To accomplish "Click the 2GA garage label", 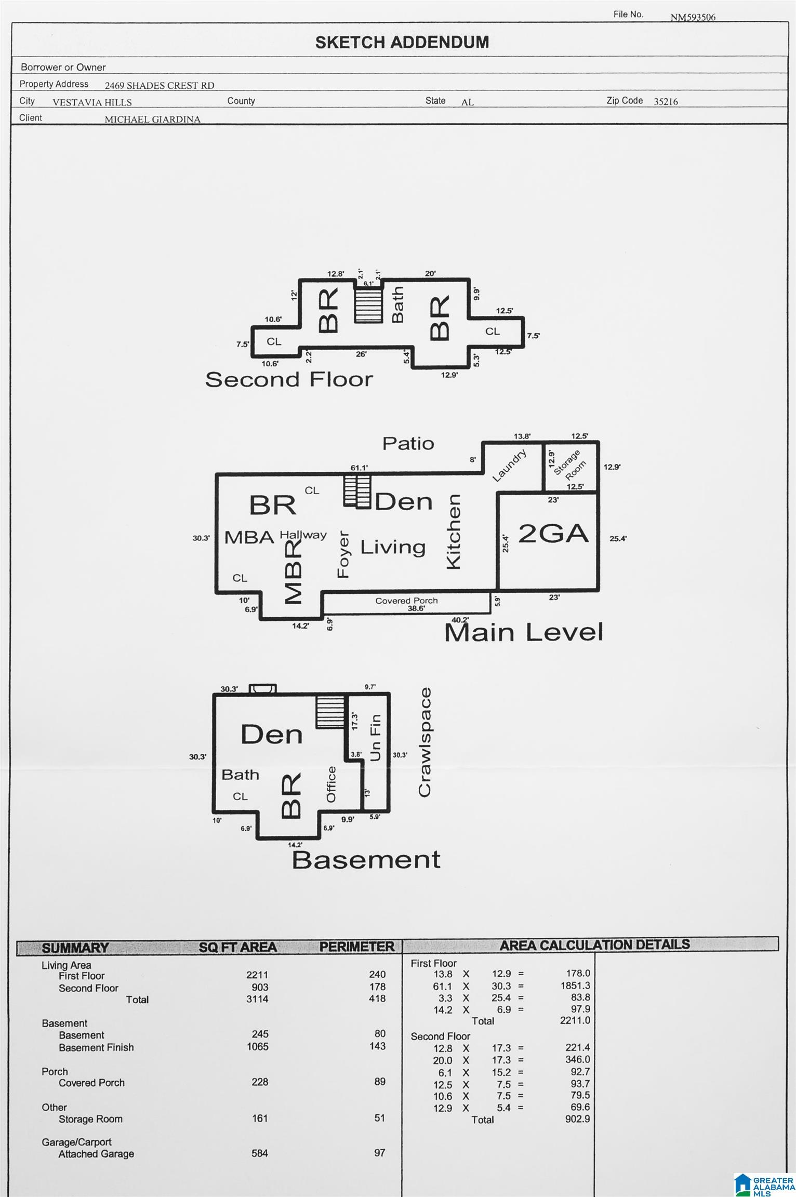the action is click(x=553, y=534).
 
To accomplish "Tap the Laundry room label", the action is click(x=509, y=465).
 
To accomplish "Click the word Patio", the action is click(x=408, y=443).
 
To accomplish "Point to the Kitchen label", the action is click(x=454, y=531).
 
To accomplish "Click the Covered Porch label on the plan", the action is click(x=406, y=601).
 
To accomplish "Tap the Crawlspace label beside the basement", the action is click(x=424, y=742).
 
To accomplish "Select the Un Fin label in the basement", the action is click(x=375, y=737).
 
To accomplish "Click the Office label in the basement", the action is click(x=331, y=784).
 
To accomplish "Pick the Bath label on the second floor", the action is click(x=397, y=305).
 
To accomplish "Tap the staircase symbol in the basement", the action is click(x=330, y=712).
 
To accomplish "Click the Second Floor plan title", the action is click(x=289, y=379).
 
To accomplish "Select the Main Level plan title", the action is click(x=524, y=632).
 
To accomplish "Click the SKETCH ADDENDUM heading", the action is click(x=402, y=42).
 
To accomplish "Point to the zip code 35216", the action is click(x=666, y=102).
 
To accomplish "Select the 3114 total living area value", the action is click(x=257, y=999).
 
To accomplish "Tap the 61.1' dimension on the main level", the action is click(x=359, y=468).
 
